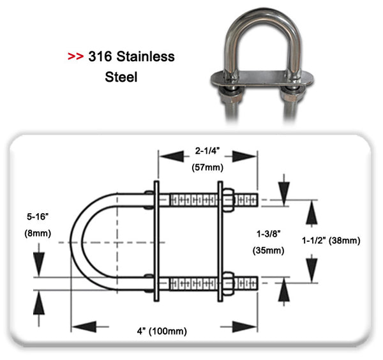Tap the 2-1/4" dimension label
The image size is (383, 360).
tap(208, 151)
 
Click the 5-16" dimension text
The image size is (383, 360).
tap(38, 216)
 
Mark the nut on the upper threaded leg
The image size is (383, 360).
tap(227, 200)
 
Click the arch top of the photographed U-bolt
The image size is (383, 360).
tap(261, 14)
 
